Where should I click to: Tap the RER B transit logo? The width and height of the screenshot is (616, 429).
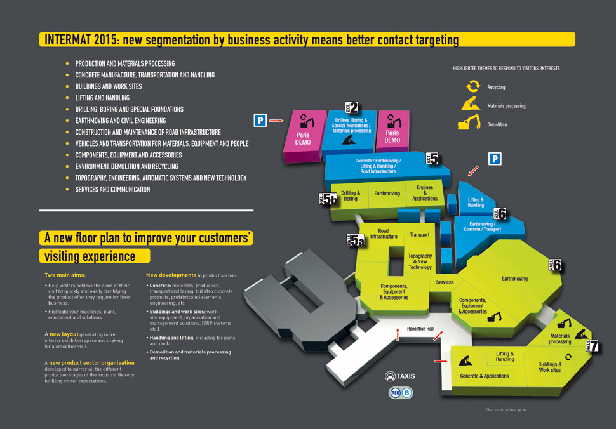[x=401, y=392]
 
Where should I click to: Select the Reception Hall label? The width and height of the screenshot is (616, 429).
[x=420, y=329]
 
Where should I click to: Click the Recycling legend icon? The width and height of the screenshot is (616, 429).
[x=473, y=86]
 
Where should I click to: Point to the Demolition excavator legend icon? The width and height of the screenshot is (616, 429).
[x=469, y=122]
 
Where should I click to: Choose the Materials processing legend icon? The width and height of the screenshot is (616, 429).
[x=471, y=104]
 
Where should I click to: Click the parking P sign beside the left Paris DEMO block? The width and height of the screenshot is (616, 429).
[x=260, y=120]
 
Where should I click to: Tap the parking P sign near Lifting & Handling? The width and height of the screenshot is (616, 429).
[x=495, y=159]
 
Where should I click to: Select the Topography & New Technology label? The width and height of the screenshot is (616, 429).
[x=420, y=261]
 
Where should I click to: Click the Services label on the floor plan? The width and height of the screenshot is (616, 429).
[x=445, y=282]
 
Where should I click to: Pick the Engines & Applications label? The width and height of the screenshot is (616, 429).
[x=425, y=193]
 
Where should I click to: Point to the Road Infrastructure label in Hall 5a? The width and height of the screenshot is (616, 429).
[x=383, y=234]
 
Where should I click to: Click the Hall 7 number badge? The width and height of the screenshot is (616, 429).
[x=593, y=345]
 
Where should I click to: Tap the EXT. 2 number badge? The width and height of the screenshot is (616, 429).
[x=351, y=107]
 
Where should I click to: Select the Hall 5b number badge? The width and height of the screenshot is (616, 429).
[x=328, y=199]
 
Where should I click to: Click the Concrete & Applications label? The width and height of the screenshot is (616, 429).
[x=485, y=376]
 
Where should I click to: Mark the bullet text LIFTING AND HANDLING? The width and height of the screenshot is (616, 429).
[x=102, y=98]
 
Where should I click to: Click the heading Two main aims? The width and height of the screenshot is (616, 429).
[x=65, y=275]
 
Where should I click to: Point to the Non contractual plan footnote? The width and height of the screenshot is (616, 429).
[x=506, y=410]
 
